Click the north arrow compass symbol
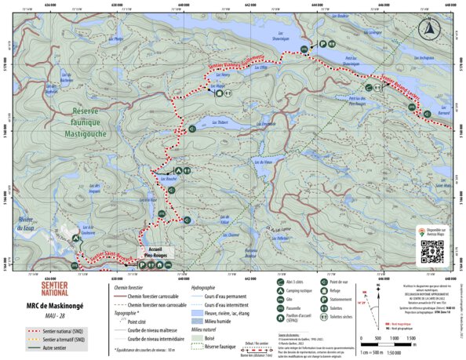pyautogui.click(x=428, y=30)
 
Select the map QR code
pyautogui.click(x=432, y=250)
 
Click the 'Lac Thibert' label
pyautogui.click(x=220, y=122)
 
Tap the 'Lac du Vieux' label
pyautogui.click(x=271, y=162)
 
